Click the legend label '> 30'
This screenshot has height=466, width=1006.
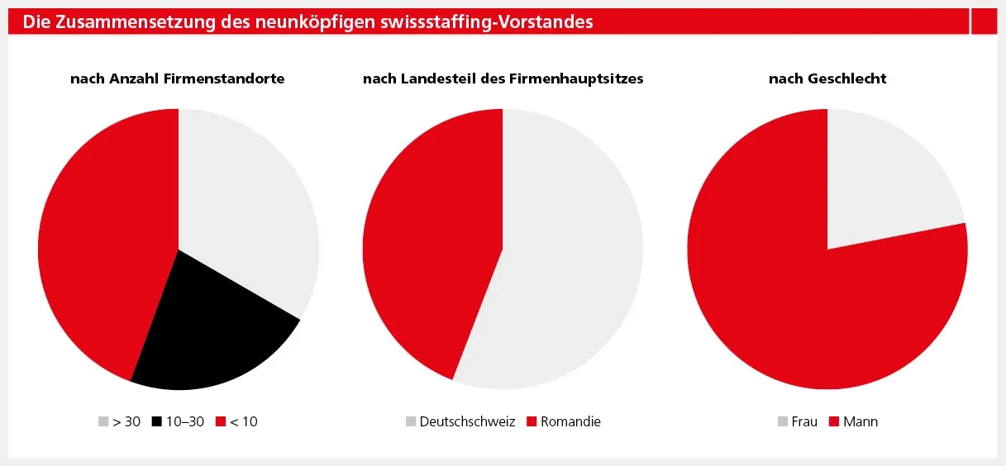126,421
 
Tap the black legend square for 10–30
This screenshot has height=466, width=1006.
157,421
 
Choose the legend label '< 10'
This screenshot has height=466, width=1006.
243,421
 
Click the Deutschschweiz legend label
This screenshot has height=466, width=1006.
467,421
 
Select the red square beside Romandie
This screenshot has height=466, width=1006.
532,421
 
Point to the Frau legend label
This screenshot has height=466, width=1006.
804,421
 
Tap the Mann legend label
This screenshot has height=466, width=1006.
861,421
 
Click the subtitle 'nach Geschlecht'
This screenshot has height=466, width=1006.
827,78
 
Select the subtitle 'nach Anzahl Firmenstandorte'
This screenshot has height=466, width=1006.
178,78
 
